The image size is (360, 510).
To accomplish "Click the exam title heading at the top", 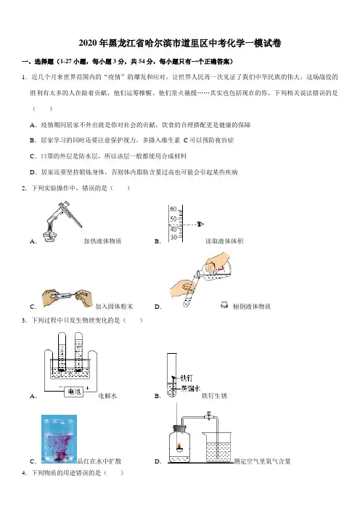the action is [x=180, y=44].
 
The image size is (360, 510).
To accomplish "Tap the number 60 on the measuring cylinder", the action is [x=173, y=209].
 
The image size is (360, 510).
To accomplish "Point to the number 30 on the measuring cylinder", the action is [x=173, y=238].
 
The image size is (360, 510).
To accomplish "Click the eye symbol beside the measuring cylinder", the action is [x=200, y=224].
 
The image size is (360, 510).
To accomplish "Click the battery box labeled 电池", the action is [x=74, y=392].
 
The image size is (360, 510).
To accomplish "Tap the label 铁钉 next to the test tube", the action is [x=187, y=378].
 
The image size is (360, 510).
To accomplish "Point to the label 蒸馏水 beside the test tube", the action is [x=191, y=388].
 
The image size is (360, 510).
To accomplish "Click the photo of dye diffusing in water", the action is [x=59, y=439].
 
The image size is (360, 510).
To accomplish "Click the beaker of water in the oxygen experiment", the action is [x=217, y=447].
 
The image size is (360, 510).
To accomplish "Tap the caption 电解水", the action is [x=107, y=396].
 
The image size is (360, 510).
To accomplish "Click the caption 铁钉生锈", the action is [x=214, y=396].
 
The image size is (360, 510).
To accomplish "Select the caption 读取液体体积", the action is [x=224, y=241].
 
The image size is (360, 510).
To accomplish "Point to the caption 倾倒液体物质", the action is [x=252, y=306].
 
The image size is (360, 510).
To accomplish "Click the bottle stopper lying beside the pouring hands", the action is [x=224, y=304].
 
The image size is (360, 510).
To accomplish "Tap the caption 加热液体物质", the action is [x=102, y=241].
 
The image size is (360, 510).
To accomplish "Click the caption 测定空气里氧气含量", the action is [x=263, y=461].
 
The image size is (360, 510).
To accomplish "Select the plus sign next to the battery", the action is [x=87, y=388].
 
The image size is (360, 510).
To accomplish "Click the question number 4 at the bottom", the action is [x=23, y=473].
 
